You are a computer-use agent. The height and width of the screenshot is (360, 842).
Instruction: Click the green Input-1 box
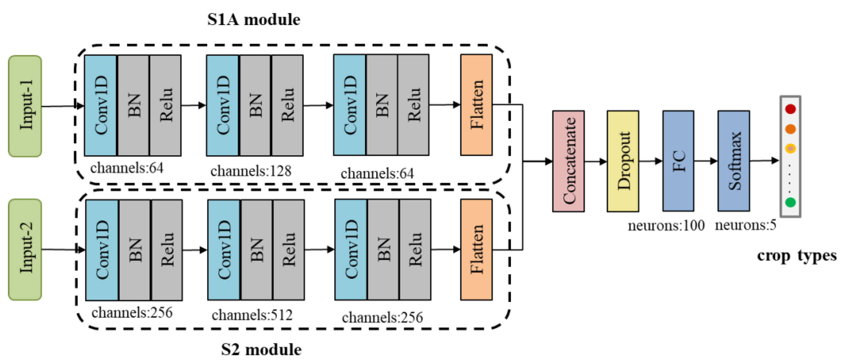[25, 106]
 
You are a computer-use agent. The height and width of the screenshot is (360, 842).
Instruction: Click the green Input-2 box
[25, 250]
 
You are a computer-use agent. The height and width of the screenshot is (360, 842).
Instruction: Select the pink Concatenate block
[568, 161]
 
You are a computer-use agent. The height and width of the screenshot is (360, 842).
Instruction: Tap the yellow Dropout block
[623, 161]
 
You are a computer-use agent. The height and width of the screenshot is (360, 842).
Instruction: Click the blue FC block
[678, 161]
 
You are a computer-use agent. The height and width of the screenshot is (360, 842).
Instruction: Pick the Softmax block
[733, 161]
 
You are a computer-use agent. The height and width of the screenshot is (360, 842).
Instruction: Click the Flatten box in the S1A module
[476, 105]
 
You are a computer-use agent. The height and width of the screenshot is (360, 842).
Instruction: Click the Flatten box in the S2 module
[476, 250]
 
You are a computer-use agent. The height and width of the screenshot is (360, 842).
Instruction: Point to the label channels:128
[251, 171]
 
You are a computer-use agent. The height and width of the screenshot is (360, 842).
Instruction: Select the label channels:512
[252, 315]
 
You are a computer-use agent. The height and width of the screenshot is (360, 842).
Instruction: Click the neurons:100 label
[666, 226]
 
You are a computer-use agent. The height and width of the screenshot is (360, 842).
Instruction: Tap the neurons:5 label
[745, 225]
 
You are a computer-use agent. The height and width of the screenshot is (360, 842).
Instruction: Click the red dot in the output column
[790, 109]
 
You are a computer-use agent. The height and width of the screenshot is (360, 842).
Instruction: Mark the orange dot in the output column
[790, 129]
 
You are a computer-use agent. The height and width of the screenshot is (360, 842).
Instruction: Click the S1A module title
[254, 20]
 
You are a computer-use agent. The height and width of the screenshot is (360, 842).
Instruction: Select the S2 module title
[261, 350]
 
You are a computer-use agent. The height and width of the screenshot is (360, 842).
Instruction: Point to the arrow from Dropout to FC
[650, 161]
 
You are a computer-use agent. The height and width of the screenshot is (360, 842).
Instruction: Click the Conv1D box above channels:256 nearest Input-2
[102, 250]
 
